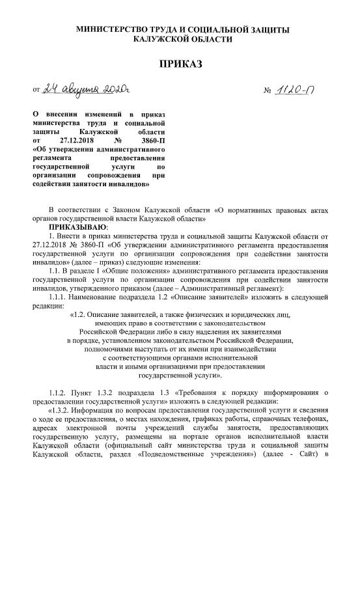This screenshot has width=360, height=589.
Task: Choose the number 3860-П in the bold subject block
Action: coord(151,140)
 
